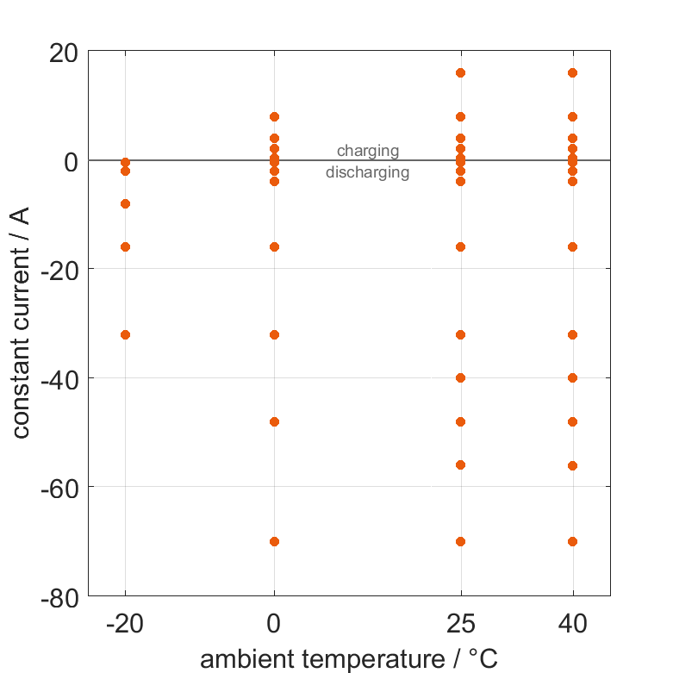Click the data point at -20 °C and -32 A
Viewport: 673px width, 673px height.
coord(125,334)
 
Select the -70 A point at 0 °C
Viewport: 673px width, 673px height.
coord(274,541)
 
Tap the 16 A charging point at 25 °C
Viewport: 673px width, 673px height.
coord(460,72)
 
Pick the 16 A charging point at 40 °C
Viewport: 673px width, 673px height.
coord(572,72)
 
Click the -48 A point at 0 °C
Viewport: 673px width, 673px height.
coord(274,421)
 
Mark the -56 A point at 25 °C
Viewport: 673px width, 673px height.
coord(460,464)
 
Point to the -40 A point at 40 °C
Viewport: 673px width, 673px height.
coord(572,377)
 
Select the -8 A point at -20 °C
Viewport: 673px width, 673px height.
coord(125,203)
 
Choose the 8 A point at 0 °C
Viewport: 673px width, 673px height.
coord(274,116)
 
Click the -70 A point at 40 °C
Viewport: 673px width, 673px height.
coord(572,541)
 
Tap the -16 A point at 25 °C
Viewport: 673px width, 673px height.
coord(460,246)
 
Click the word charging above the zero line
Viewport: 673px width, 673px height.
coord(368,151)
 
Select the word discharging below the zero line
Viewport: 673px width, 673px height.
coord(367,172)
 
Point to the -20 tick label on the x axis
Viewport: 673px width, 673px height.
coord(125,624)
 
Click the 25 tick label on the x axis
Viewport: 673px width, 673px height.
coord(460,624)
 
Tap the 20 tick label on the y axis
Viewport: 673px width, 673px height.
coord(61,53)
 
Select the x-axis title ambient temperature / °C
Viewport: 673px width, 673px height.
coord(348,659)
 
